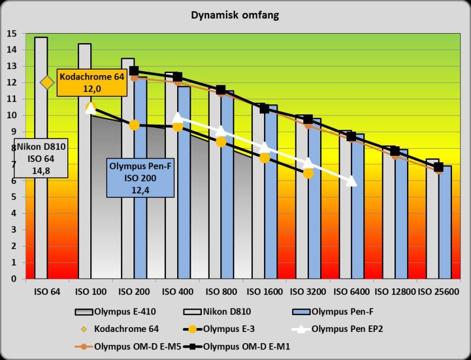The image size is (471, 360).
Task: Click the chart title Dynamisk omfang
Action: pos(235,15)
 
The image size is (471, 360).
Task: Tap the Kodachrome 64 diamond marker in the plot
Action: pos(47,82)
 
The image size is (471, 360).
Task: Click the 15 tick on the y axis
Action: pos(12,34)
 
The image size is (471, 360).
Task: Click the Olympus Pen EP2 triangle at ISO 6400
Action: pos(351,180)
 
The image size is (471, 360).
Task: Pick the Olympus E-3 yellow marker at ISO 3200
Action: pos(308,173)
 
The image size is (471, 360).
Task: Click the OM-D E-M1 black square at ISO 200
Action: pos(134,71)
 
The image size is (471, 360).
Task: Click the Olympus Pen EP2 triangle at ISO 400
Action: pos(177,117)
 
